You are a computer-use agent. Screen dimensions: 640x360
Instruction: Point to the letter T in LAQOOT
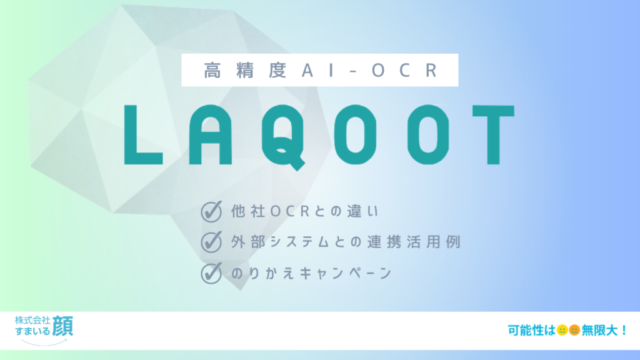pyautogui.click(x=493, y=135)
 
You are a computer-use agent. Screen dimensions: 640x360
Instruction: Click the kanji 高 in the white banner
pyautogui.click(x=212, y=70)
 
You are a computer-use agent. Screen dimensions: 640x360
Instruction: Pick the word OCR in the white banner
pyautogui.click(x=404, y=70)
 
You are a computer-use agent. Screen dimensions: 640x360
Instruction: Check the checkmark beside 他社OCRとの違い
pyautogui.click(x=211, y=211)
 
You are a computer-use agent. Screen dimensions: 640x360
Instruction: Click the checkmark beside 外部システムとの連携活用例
pyautogui.click(x=211, y=242)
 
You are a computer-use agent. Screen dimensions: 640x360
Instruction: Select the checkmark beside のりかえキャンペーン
pyautogui.click(x=211, y=273)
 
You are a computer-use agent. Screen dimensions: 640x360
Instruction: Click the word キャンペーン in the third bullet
pyautogui.click(x=346, y=273)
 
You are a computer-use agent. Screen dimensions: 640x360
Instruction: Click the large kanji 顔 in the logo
pyautogui.click(x=63, y=326)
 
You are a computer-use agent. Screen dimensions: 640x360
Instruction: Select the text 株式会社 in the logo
pyautogui.click(x=32, y=320)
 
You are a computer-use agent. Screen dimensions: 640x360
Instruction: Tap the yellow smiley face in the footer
pyautogui.click(x=562, y=330)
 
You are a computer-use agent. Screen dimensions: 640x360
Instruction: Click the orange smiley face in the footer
pyautogui.click(x=574, y=330)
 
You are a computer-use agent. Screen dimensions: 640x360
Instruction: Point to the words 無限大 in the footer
pyautogui.click(x=599, y=330)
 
